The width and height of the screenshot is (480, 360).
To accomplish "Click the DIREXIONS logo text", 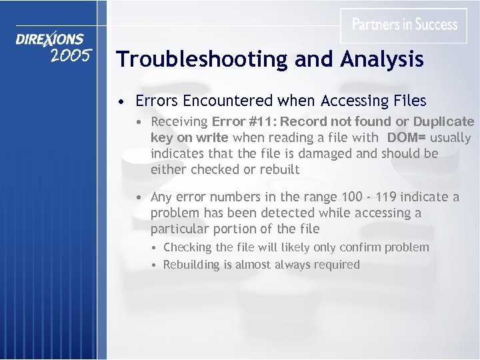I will (x=51, y=39).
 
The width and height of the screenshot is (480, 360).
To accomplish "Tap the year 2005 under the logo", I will (x=71, y=56).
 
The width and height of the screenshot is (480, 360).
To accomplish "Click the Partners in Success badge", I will (x=404, y=25).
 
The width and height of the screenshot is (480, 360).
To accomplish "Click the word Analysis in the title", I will (x=382, y=59).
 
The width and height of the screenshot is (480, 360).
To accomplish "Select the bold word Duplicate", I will (x=443, y=121).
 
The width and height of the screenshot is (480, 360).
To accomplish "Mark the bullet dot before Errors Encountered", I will (x=121, y=102).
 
